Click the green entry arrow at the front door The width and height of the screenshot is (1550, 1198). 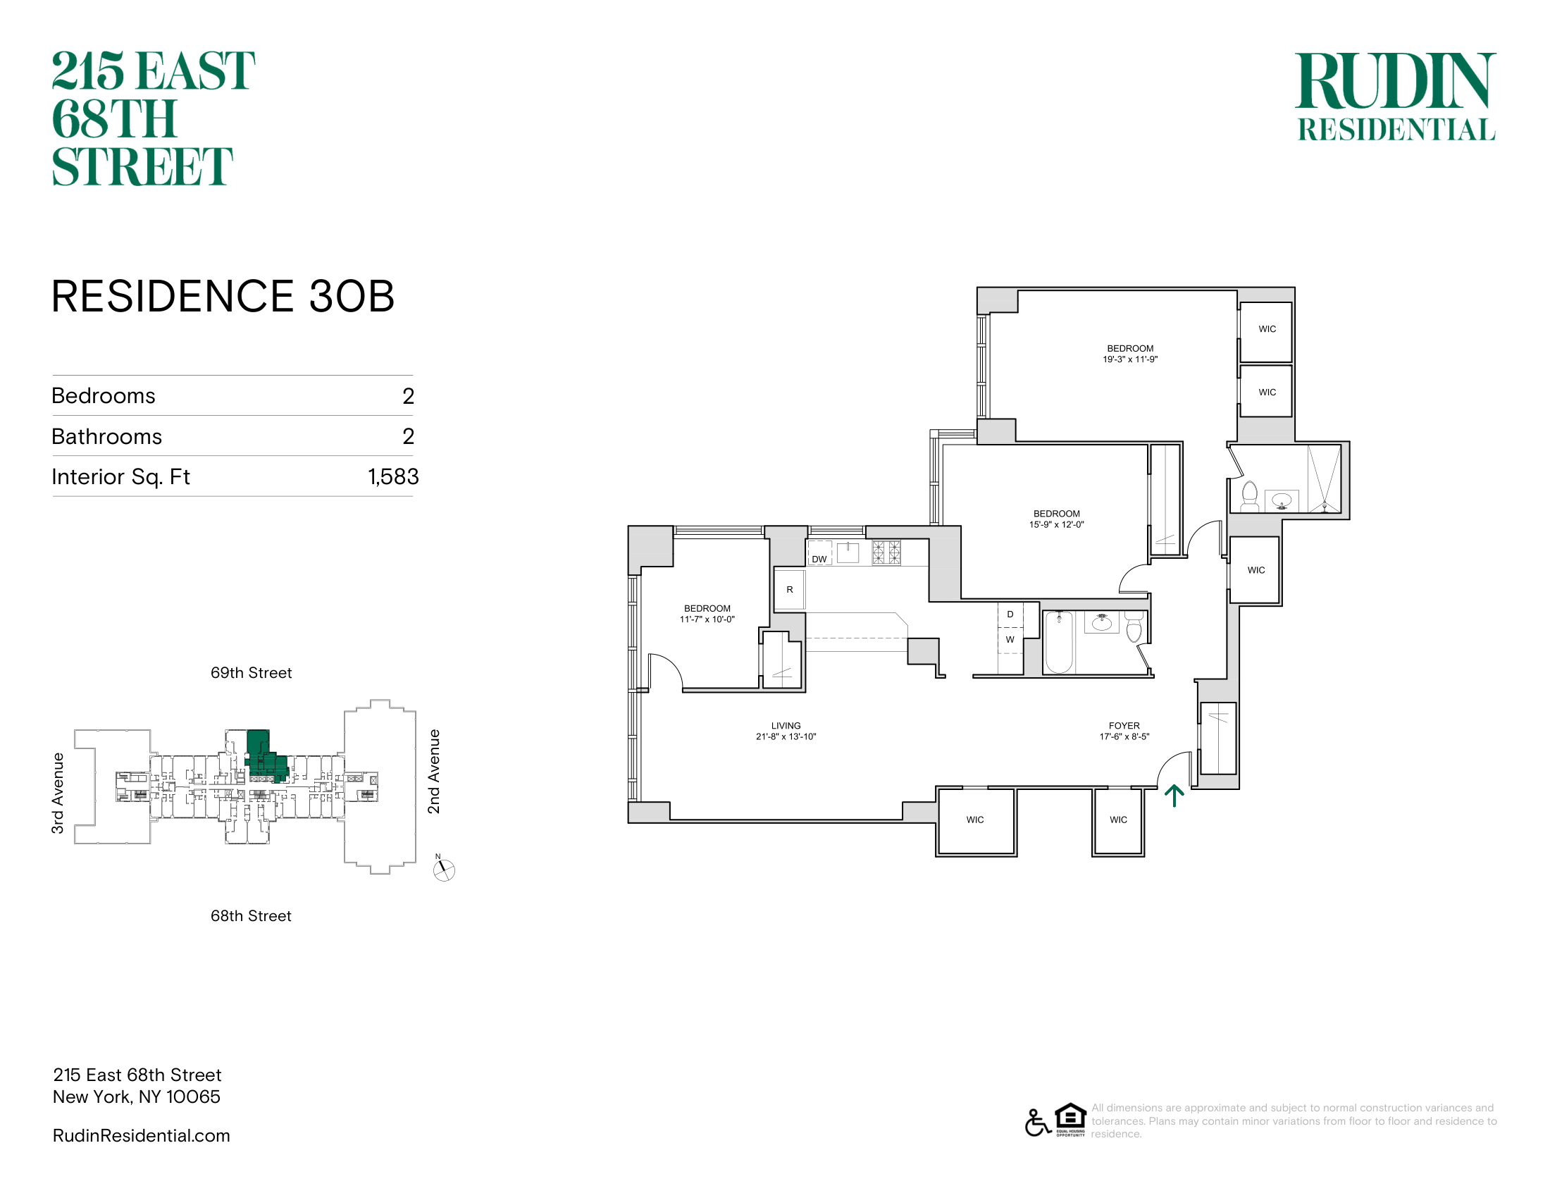pyautogui.click(x=1174, y=796)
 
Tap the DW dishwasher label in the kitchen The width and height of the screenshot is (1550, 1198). pyautogui.click(x=819, y=560)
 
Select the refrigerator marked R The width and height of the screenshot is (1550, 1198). pyautogui.click(x=789, y=590)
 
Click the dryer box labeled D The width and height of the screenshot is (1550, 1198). pyautogui.click(x=1010, y=615)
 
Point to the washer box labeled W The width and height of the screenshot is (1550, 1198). pyautogui.click(x=1010, y=639)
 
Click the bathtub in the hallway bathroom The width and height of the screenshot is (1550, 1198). pyautogui.click(x=1059, y=642)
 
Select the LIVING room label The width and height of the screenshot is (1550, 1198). pyautogui.click(x=786, y=725)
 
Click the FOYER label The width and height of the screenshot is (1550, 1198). pyautogui.click(x=1124, y=725)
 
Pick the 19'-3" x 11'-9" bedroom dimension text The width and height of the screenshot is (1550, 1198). pyautogui.click(x=1130, y=359)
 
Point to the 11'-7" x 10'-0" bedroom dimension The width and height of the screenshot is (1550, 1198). pyautogui.click(x=707, y=619)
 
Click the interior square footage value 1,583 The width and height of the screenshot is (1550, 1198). pyautogui.click(x=393, y=476)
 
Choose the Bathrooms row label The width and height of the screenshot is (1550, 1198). pyautogui.click(x=107, y=436)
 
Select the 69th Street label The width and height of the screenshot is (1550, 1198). pyautogui.click(x=252, y=673)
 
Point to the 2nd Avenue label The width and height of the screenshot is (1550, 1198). pyautogui.click(x=433, y=772)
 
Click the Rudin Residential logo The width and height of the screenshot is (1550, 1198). pyautogui.click(x=1396, y=97)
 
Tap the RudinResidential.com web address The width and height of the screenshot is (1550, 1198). pyautogui.click(x=141, y=1135)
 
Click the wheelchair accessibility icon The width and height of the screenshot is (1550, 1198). pyautogui.click(x=1038, y=1122)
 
